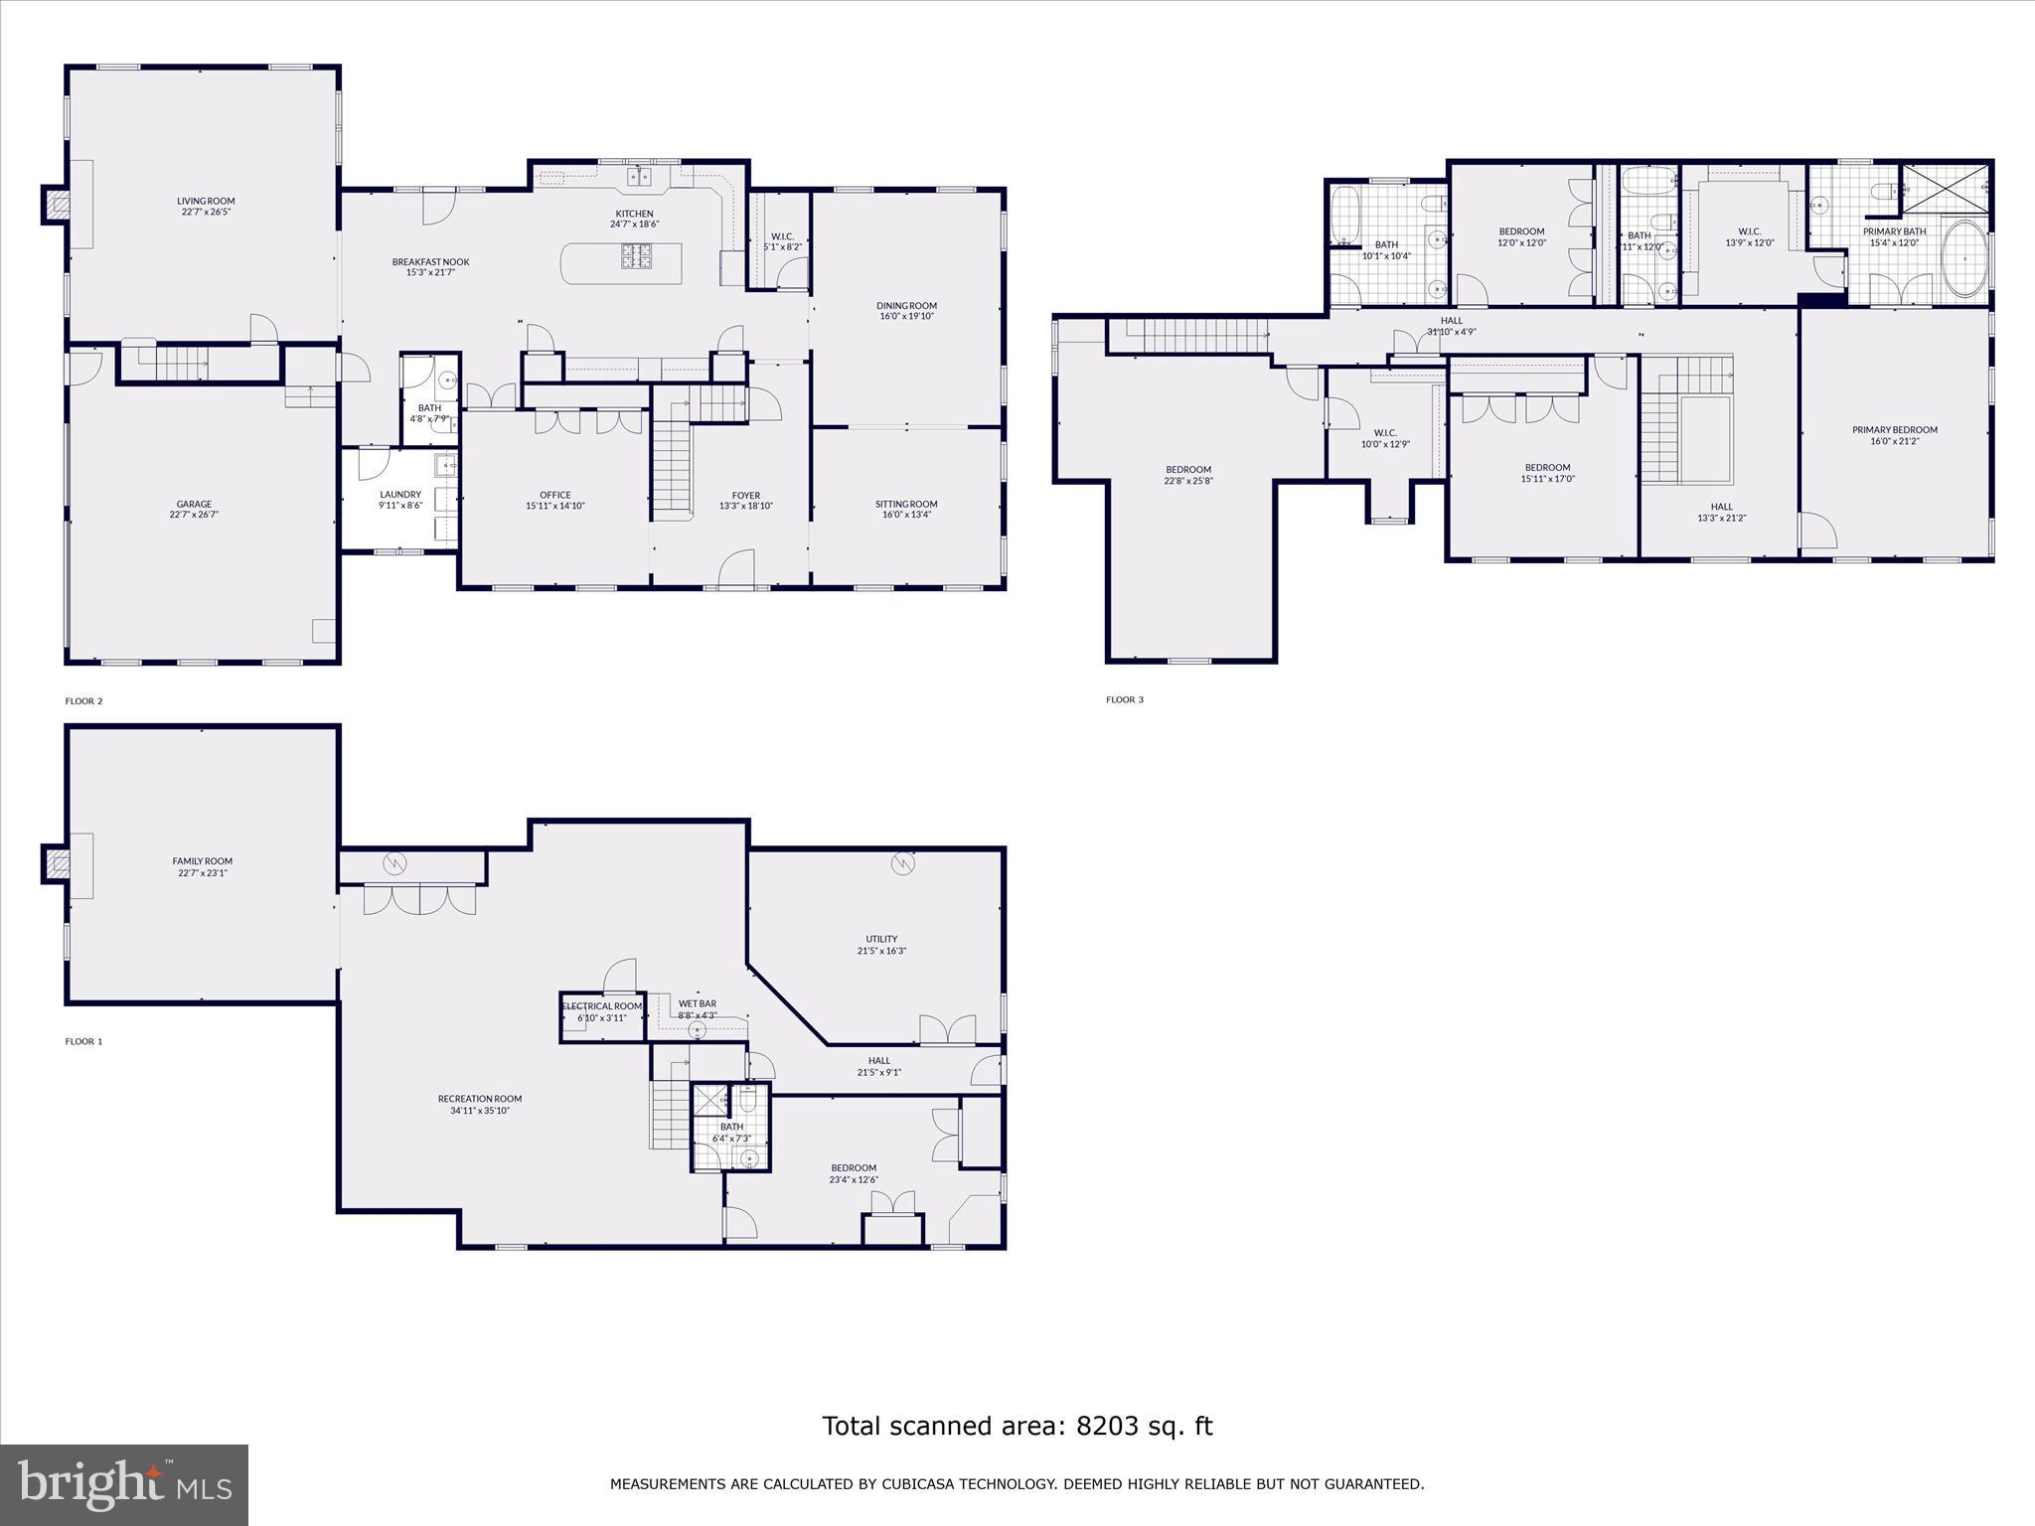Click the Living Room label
(x=206, y=201)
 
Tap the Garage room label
(x=195, y=504)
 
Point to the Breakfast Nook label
(x=430, y=262)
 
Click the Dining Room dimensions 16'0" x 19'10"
(x=907, y=317)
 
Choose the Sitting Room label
(x=906, y=504)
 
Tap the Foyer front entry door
(x=737, y=570)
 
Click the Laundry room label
(x=400, y=494)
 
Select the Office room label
(x=555, y=495)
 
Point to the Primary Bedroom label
(x=1894, y=430)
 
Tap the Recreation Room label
(x=480, y=1099)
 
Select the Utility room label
(x=881, y=939)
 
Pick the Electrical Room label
(x=602, y=1006)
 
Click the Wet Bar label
(x=697, y=1004)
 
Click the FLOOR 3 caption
(x=1125, y=699)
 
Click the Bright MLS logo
(x=124, y=1484)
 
